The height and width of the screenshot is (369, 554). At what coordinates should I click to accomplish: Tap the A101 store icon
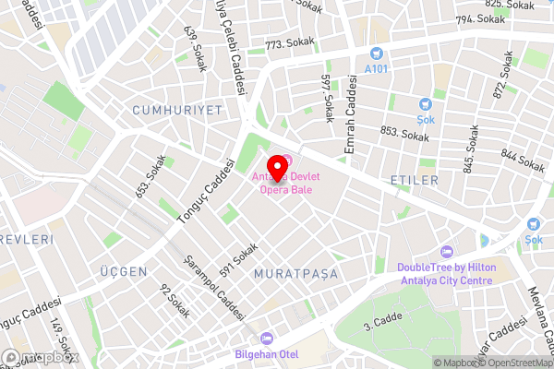point(376,54)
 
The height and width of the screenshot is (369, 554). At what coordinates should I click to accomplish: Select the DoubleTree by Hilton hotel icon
point(449,252)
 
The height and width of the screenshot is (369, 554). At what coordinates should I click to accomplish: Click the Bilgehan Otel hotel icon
point(267,339)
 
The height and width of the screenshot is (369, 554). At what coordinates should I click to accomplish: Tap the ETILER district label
point(415,180)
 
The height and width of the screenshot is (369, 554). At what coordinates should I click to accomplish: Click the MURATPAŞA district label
point(295,274)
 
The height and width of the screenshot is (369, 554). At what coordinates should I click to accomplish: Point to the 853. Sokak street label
point(404,135)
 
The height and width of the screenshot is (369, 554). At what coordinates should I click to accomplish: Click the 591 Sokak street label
point(239,259)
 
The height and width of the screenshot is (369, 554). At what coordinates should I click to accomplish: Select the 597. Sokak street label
point(327,98)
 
